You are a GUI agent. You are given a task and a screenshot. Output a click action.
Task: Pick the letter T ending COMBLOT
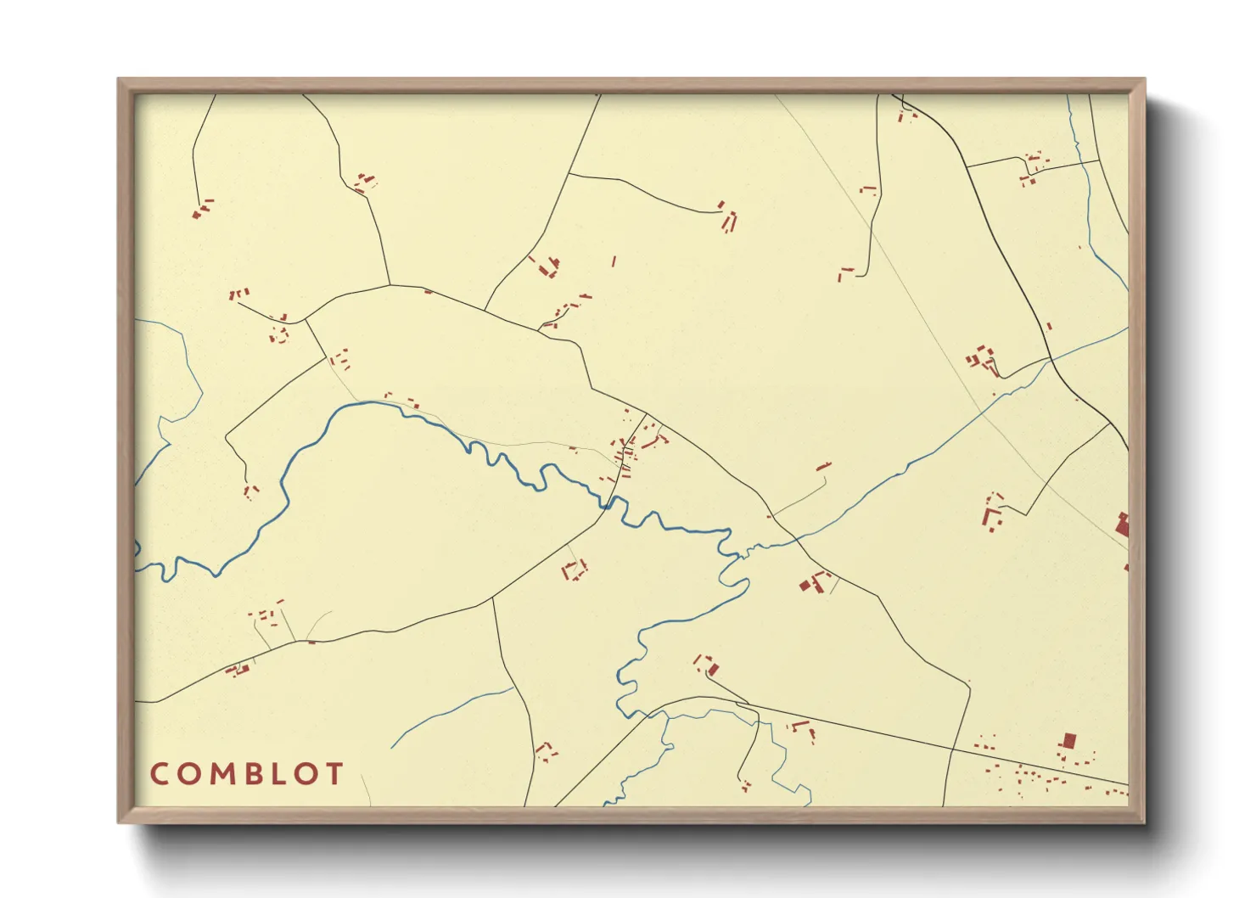click(x=334, y=774)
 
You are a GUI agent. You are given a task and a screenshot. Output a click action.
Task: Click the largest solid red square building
click(x=1068, y=740)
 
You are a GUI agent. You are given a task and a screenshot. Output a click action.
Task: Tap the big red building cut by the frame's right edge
click(x=1123, y=525)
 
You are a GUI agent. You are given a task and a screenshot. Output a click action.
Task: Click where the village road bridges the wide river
click(x=608, y=503)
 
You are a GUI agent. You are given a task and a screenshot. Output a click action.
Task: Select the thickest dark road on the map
click(x=1010, y=255)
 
